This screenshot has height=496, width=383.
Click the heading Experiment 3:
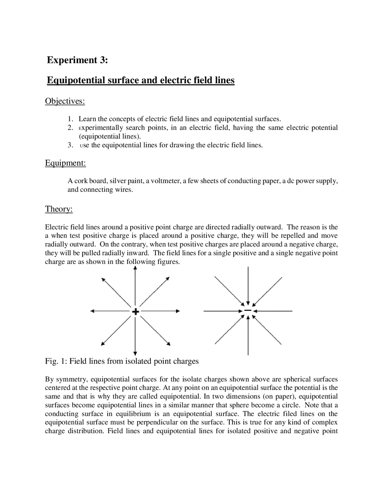(77, 60)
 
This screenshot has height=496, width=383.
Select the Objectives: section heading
(65, 101)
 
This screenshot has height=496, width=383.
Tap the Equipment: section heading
(65, 163)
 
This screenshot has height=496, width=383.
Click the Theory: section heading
(59, 209)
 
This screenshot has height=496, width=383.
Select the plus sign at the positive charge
(135, 311)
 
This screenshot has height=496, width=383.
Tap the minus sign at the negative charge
(248, 310)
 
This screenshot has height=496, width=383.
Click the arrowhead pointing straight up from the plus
(135, 268)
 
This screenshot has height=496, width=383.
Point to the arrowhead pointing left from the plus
(92, 311)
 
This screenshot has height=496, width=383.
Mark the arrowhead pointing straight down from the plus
(135, 353)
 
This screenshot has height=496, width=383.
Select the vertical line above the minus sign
(248, 285)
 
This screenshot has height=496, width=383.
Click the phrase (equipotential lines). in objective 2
(110, 137)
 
